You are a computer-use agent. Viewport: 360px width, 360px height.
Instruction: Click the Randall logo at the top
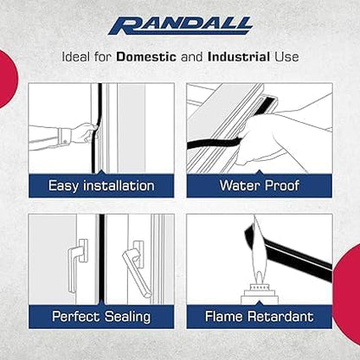tap(181, 26)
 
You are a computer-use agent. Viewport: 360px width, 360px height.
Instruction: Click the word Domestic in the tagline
tap(146, 56)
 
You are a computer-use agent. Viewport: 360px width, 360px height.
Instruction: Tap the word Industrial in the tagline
tap(239, 56)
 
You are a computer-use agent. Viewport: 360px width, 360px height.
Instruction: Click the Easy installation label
tap(101, 185)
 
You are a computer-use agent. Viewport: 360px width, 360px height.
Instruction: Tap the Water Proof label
tap(259, 185)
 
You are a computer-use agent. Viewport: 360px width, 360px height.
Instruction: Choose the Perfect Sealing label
tap(101, 317)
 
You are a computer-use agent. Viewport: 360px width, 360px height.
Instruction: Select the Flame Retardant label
tap(259, 317)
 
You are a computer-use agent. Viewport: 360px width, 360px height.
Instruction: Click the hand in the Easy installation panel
tap(86, 133)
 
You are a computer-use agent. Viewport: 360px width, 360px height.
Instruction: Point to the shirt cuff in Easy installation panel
tap(63, 138)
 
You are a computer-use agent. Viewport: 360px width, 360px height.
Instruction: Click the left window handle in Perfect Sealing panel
tap(77, 264)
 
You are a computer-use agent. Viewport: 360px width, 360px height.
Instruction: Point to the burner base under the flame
tap(259, 294)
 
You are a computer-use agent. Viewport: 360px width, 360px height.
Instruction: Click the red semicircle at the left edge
tap(8, 79)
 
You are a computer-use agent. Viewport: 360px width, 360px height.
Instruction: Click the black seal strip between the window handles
tap(101, 260)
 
